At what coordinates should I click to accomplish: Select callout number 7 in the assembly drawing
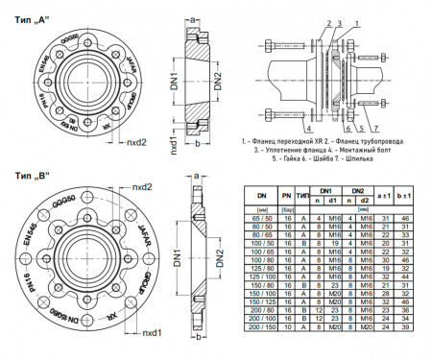click(x=364, y=126)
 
